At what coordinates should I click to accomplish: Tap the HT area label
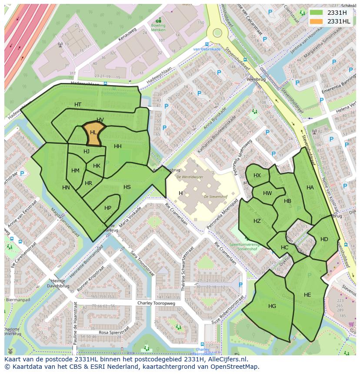tap(78, 105)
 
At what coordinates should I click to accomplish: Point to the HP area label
tap(108, 208)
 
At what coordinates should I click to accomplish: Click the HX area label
tap(257, 175)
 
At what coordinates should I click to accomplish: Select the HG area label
tap(272, 306)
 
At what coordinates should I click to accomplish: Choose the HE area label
tap(307, 295)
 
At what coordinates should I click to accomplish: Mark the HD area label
tap(324, 239)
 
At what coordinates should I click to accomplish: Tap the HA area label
tap(310, 188)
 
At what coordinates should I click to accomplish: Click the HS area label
tap(127, 187)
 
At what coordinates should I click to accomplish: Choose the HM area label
tap(75, 171)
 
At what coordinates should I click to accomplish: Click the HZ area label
tap(257, 221)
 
